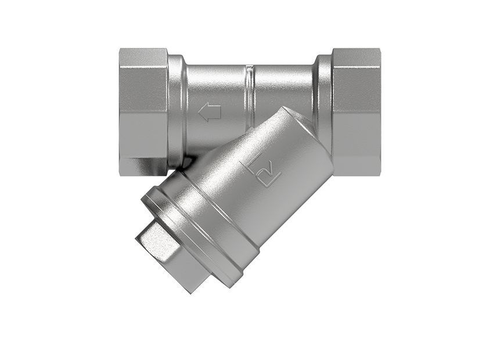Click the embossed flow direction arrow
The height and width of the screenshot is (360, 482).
point(210,112)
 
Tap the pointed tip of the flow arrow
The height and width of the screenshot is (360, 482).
point(200,112)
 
